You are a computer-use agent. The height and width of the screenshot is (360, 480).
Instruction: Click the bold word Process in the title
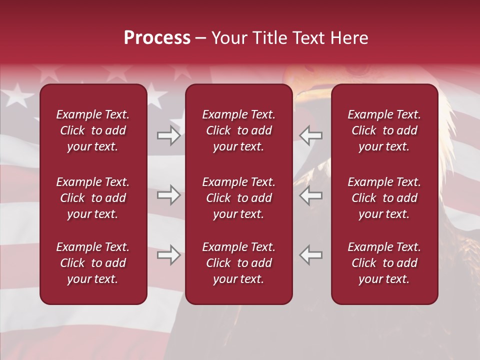(157, 38)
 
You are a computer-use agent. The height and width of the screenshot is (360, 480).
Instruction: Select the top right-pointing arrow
(168, 135)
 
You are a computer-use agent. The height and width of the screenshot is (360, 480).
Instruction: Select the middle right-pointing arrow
(168, 195)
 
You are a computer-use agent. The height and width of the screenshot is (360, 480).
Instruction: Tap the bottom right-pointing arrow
(168, 255)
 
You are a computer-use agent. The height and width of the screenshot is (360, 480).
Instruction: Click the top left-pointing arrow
(311, 135)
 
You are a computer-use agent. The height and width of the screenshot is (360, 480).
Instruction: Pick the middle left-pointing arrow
(311, 195)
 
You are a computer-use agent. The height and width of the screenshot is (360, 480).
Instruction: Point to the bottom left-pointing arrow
(311, 255)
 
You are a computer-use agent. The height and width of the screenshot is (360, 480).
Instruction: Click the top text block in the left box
(93, 130)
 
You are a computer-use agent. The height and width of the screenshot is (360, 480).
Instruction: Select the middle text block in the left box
(93, 198)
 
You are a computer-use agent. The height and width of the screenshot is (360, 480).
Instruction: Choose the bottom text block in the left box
(93, 263)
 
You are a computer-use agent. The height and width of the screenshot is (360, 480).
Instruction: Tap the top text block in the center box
(238, 130)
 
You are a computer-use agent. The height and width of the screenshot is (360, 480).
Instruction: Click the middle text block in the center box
(238, 198)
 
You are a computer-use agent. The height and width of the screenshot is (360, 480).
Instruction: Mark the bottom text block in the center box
(238, 263)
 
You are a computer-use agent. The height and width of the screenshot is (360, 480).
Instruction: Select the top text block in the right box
(384, 130)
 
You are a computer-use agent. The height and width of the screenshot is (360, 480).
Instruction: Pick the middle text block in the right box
(384, 198)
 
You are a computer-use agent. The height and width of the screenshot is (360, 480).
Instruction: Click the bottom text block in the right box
(384, 263)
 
